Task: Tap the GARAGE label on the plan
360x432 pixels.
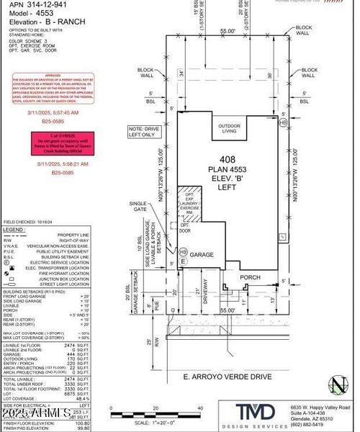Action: coord(202,254)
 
